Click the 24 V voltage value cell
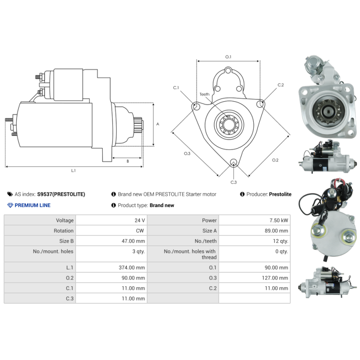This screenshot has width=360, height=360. click(140, 220)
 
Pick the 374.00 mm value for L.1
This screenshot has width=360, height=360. click(131, 267)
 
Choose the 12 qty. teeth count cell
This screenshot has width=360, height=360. click(279, 241)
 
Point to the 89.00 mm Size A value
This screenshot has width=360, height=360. click(275, 231)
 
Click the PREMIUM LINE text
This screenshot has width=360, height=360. click(32, 205)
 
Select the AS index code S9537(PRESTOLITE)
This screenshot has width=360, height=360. click(61, 194)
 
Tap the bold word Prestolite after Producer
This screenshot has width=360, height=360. click(280, 194)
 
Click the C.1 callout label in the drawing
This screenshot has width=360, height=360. click(176, 87)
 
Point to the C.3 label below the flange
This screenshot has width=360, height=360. click(234, 182)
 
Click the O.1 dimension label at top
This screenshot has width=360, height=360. click(228, 57)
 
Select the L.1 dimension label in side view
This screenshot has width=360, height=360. click(73, 171)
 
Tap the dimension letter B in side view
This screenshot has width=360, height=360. click(128, 161)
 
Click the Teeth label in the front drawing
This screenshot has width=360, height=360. click(205, 94)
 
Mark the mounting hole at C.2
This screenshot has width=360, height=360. click(260, 104)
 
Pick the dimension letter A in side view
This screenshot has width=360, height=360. click(157, 124)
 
